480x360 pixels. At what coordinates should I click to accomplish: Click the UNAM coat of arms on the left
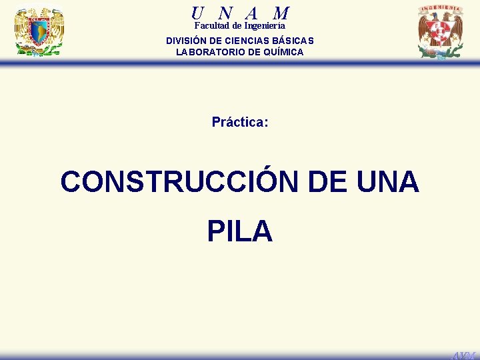click(x=39, y=31)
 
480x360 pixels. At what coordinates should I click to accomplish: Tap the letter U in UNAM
click(x=197, y=13)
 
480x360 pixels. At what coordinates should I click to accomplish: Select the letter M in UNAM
click(x=281, y=13)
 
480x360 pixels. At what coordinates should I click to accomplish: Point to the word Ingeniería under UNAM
click(x=265, y=26)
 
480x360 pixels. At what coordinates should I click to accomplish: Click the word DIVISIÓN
click(x=189, y=41)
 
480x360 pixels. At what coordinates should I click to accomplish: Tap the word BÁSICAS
click(x=293, y=41)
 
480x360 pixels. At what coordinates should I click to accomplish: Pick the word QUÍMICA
click(x=283, y=52)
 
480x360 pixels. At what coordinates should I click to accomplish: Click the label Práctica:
click(x=240, y=122)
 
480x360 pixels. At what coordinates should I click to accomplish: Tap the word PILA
click(x=240, y=231)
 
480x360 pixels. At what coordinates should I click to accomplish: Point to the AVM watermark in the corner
click(x=464, y=355)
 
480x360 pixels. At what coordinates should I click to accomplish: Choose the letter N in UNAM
click(x=225, y=13)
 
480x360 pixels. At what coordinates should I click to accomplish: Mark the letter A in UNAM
click(x=251, y=13)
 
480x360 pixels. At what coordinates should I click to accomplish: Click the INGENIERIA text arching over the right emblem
click(x=440, y=9)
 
